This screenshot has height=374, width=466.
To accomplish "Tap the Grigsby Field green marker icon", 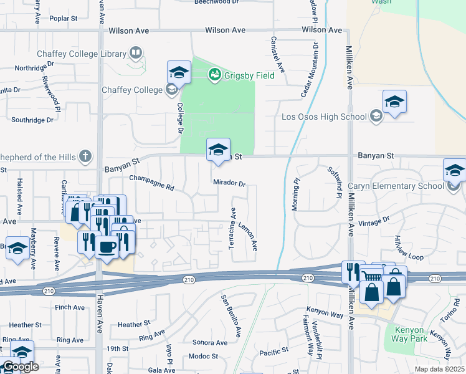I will click(214, 75).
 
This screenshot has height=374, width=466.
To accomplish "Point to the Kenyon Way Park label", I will click(408, 335).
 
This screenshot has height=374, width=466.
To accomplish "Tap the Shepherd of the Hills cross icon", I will click(85, 156).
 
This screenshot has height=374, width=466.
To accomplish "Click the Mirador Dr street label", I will click(230, 184).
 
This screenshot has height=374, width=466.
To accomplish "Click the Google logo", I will click(21, 367).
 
